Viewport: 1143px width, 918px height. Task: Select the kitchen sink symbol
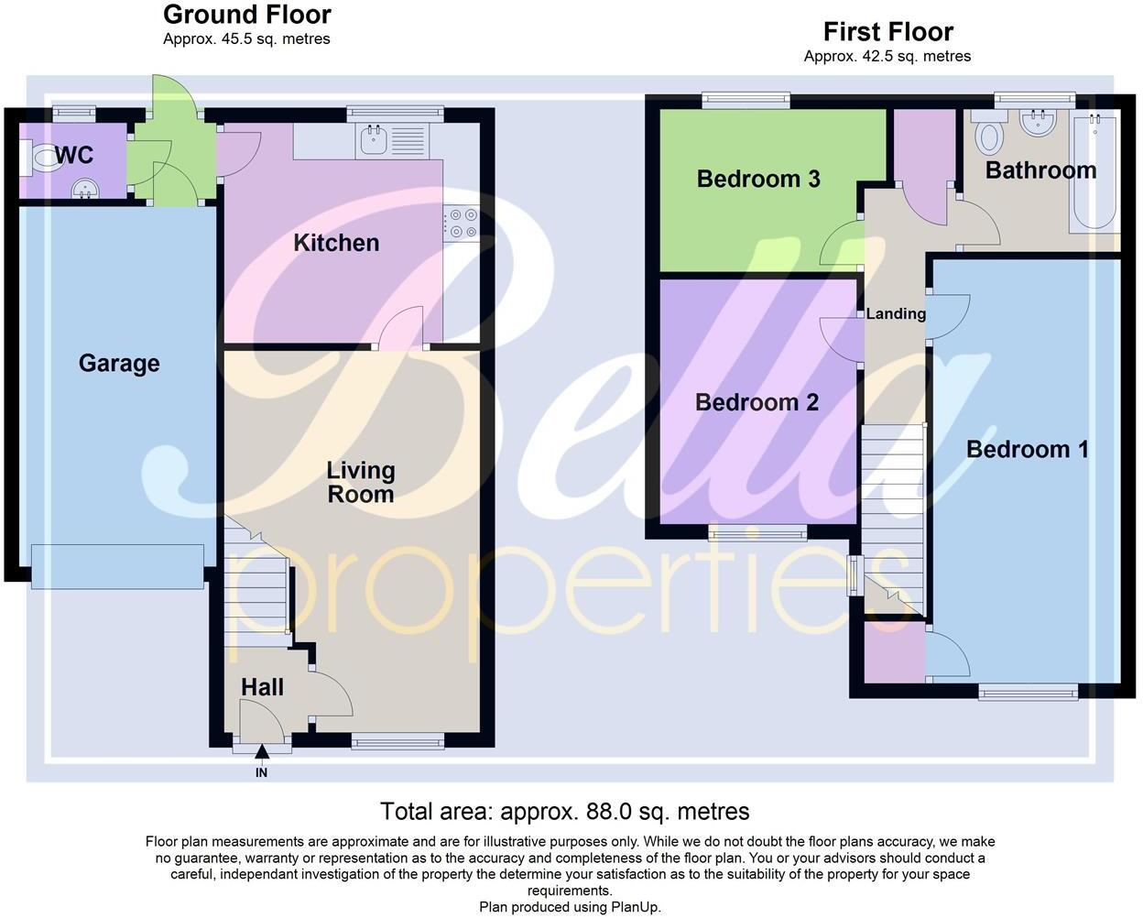(x=373, y=140)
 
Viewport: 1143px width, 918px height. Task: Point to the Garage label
(x=119, y=364)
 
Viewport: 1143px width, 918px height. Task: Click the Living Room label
(x=361, y=483)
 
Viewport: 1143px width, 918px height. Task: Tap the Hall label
(x=262, y=687)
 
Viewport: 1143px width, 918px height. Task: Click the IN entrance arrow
(x=262, y=753)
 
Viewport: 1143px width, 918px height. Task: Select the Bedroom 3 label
(x=758, y=179)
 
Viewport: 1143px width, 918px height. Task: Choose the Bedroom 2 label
(x=757, y=402)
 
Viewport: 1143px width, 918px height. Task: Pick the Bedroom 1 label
(x=1027, y=449)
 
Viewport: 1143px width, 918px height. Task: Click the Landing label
(x=896, y=314)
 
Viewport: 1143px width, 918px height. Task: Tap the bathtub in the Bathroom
(x=1093, y=174)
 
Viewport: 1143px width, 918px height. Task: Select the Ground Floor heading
(x=246, y=15)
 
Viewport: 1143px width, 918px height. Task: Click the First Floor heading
(x=887, y=32)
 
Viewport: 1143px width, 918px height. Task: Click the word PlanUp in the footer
(x=634, y=907)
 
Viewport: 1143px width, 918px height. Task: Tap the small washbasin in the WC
(x=89, y=189)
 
